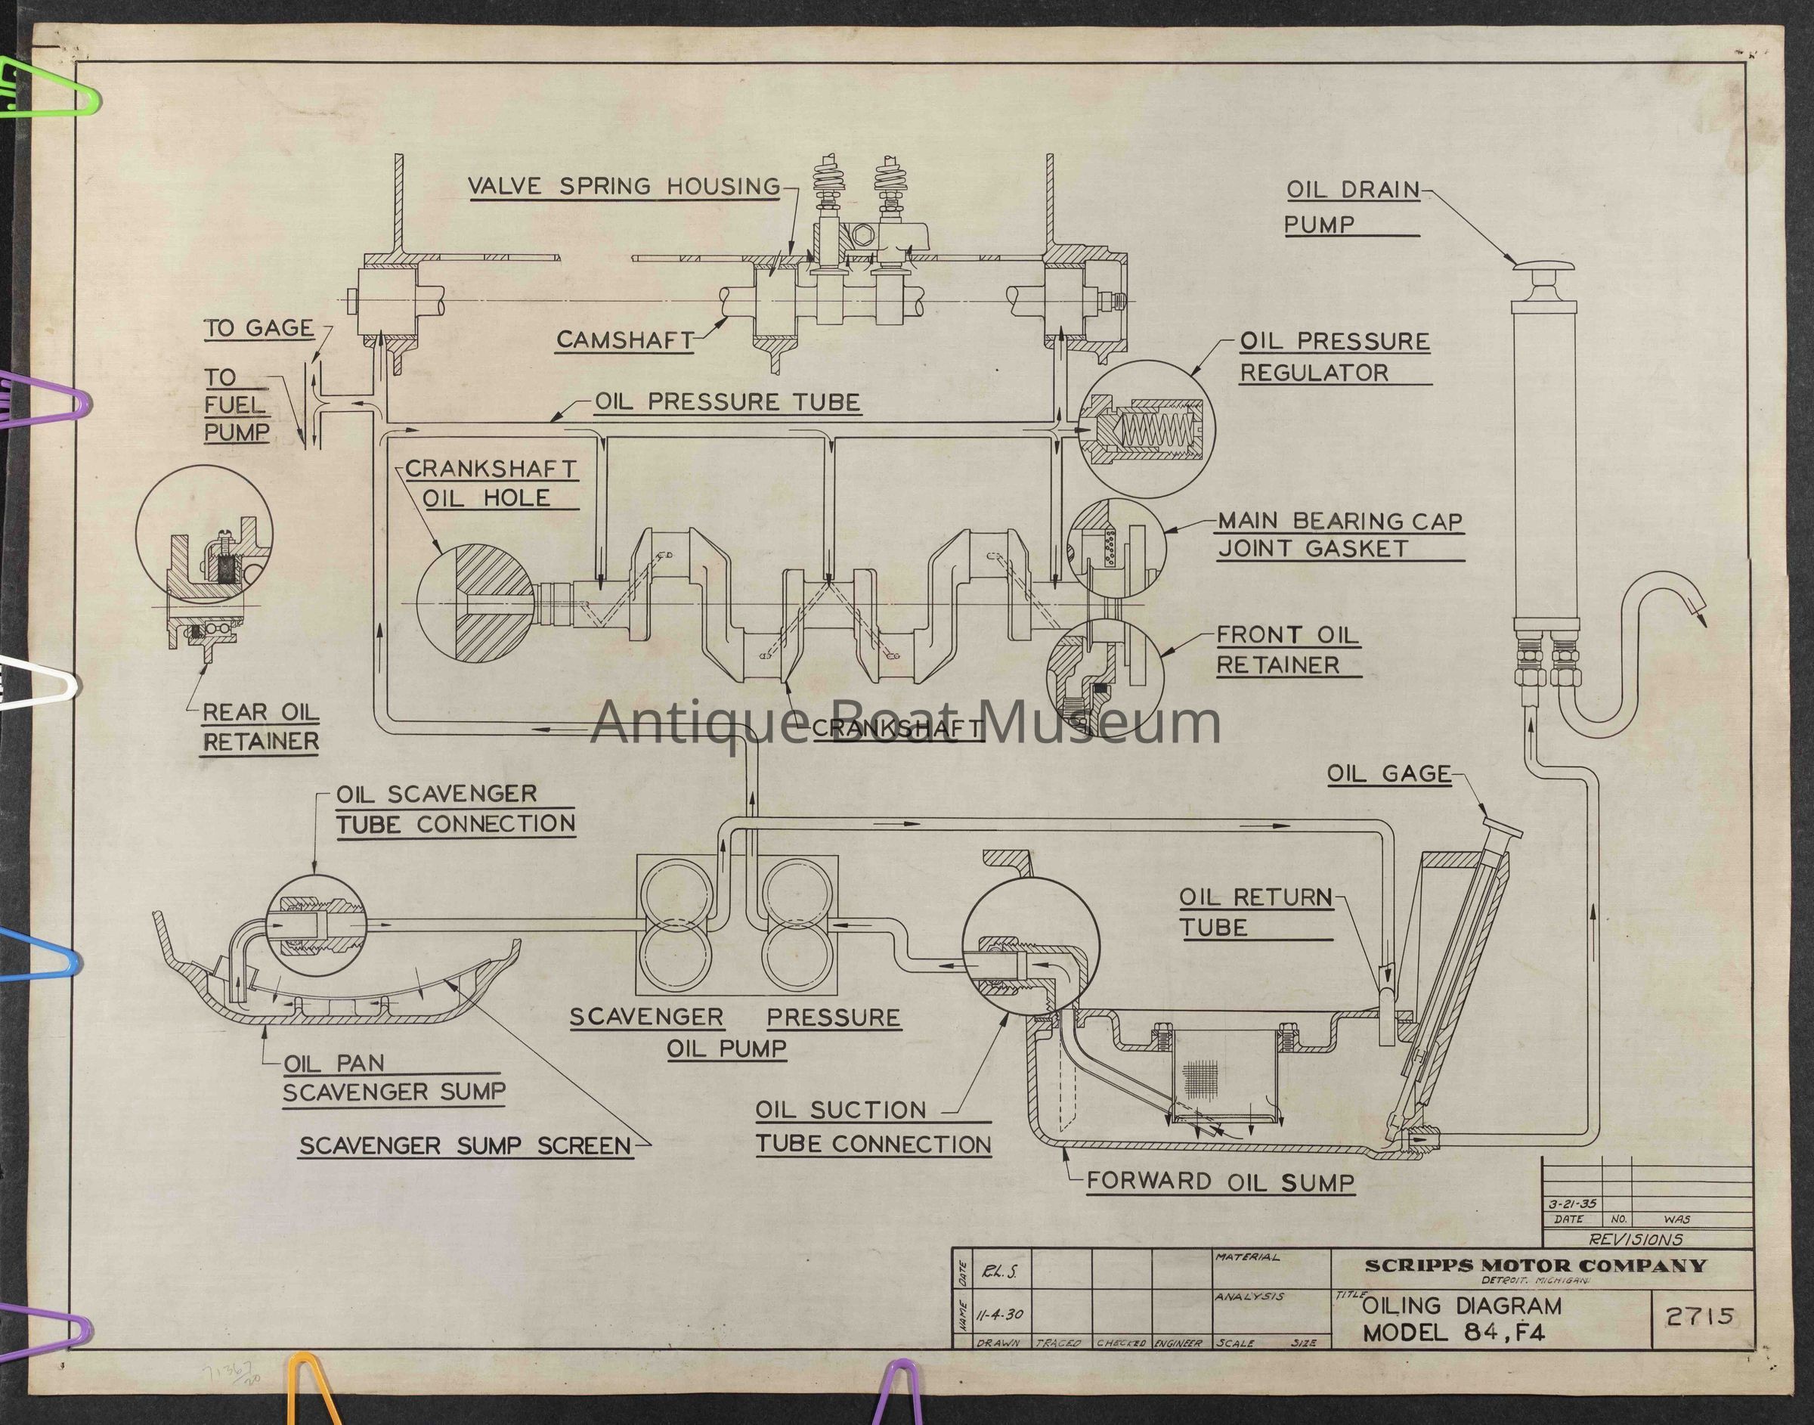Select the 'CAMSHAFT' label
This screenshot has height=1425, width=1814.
(624, 339)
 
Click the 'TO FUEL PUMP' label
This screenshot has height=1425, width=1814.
(237, 404)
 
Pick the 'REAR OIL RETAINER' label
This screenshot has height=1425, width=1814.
(261, 726)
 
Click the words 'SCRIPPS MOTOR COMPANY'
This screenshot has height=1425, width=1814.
(1535, 1265)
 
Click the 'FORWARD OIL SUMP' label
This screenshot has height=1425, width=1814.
(1220, 1182)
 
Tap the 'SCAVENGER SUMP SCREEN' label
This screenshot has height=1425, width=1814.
(466, 1145)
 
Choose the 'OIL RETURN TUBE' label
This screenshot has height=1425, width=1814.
(1255, 912)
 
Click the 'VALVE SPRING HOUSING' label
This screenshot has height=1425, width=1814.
(624, 185)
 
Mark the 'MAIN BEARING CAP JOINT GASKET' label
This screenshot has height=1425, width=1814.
(1339, 534)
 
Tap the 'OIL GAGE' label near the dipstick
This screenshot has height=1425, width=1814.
(1388, 773)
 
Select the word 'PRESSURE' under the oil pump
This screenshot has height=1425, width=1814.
(833, 1017)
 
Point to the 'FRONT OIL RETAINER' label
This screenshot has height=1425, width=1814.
(1288, 650)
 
